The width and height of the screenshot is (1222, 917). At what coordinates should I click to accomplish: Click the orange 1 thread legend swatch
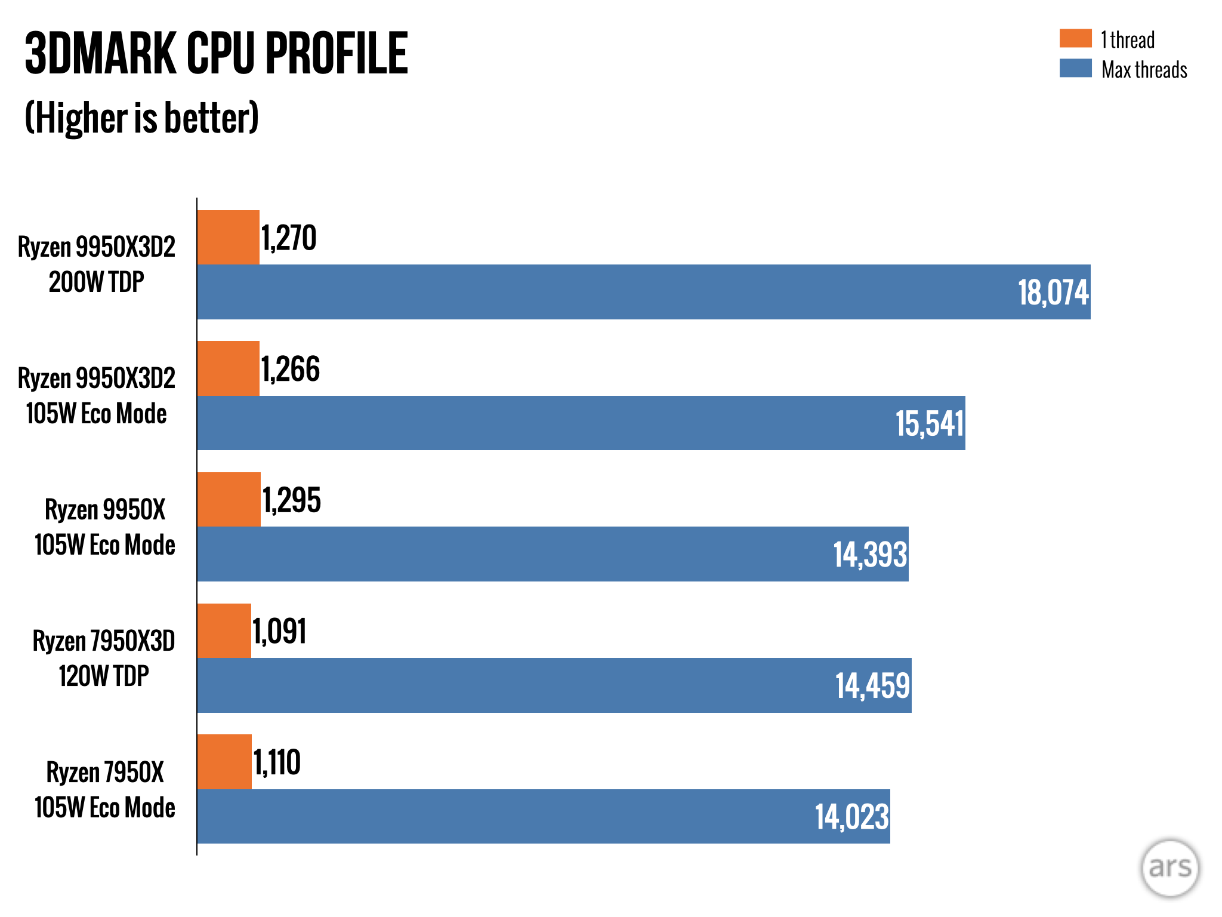coord(1075,38)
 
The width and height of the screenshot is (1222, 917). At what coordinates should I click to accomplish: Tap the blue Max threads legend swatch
coord(1075,68)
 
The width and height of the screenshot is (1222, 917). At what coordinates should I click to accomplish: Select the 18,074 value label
coord(1053,293)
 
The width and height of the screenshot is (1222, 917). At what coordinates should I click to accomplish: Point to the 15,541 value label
coord(930,423)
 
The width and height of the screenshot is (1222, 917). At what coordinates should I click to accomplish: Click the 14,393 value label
coord(870,555)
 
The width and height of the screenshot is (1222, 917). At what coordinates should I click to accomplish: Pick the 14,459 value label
coord(872,685)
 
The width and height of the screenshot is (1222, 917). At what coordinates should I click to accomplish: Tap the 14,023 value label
coord(852,817)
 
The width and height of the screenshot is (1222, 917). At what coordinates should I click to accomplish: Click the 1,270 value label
coord(289,238)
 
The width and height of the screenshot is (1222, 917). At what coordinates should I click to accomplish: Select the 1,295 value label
coord(292,500)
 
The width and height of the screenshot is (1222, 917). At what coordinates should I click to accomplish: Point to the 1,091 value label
coord(279,632)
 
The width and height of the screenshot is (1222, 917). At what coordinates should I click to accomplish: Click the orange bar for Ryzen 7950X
coord(224,762)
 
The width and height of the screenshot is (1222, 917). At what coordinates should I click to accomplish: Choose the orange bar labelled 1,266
coord(229,368)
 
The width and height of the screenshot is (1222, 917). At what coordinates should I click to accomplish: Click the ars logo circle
coord(1169,867)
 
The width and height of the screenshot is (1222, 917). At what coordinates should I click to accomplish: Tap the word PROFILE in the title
coord(337,54)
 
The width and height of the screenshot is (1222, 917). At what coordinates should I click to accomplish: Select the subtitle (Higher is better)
coord(142,118)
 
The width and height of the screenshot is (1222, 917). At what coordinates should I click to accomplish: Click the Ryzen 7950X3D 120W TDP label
coord(104,658)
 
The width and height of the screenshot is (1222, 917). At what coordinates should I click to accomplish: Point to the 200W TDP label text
coord(97,282)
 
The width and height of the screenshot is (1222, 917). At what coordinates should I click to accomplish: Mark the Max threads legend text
coord(1144,70)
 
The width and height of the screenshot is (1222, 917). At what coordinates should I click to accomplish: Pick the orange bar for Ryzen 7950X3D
coord(224,630)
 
